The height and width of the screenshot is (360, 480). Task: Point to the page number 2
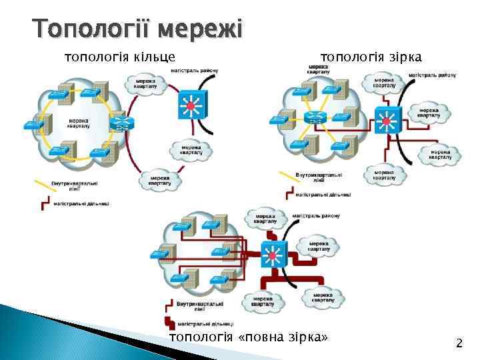459,344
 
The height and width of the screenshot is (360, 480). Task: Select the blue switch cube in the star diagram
387,121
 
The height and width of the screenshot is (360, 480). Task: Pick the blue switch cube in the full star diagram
271,254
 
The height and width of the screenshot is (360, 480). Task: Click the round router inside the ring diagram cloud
122,123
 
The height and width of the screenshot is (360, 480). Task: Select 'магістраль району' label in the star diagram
433,75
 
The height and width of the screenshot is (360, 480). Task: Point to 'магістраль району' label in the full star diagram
317,216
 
